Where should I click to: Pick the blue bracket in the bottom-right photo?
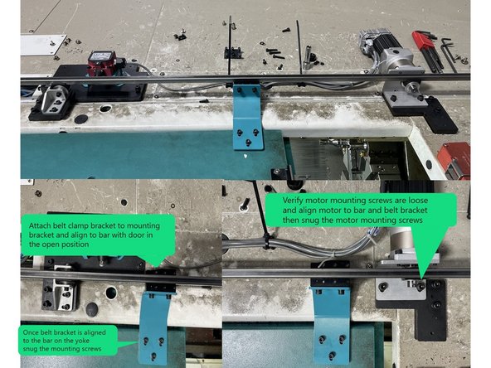click(328, 315)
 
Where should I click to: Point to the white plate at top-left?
click(42, 44)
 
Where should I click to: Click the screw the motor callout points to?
click(421, 286)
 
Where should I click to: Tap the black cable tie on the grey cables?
click(266, 240)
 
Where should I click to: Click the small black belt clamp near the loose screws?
click(233, 52)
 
